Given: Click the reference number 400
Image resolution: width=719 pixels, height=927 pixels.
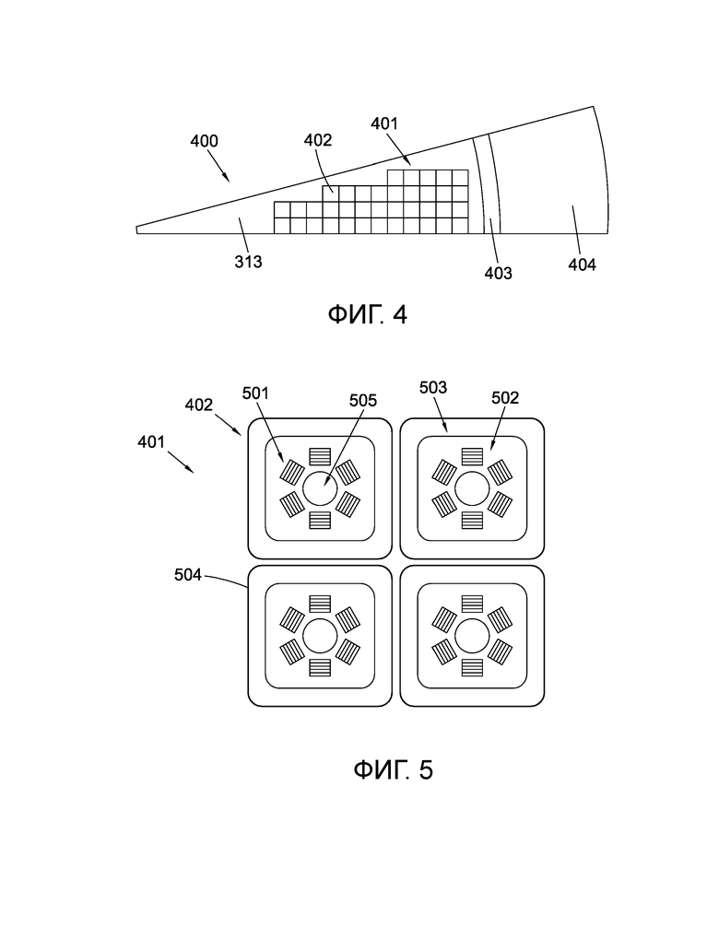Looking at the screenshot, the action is click(204, 141).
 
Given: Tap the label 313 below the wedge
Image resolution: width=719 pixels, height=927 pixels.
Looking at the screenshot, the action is click(248, 262).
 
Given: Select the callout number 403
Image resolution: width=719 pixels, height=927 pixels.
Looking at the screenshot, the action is click(498, 273).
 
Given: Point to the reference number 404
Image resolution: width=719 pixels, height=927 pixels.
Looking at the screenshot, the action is click(582, 264).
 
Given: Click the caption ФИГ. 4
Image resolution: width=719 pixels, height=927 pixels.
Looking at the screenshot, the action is click(367, 314).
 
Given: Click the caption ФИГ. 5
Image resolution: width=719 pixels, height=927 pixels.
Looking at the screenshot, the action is click(394, 769).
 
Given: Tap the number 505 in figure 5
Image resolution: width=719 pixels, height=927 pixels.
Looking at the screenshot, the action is click(362, 400).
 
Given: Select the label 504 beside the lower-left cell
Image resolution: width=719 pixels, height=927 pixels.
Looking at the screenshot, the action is click(188, 575).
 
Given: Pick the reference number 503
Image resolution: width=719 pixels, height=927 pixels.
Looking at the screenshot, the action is click(433, 388).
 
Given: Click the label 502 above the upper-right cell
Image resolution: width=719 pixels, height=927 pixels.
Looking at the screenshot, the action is click(505, 398).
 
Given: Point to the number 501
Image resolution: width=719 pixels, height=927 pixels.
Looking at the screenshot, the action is click(255, 393).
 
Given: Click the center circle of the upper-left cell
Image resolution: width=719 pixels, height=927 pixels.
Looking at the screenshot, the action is click(320, 488).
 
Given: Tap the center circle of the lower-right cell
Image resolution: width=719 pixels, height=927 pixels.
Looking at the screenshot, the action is click(473, 636).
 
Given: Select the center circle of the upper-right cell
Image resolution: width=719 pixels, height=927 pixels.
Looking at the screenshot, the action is click(473, 488).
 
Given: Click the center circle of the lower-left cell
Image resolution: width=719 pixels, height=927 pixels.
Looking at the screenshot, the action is click(320, 636).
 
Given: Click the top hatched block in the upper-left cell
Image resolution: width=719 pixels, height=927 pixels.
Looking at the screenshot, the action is click(320, 457).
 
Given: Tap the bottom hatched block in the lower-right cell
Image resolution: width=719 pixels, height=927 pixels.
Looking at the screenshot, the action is click(473, 667).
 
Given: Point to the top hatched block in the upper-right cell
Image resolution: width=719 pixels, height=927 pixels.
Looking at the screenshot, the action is click(473, 457).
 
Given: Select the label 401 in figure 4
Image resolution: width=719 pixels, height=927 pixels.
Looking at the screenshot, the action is click(384, 124).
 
